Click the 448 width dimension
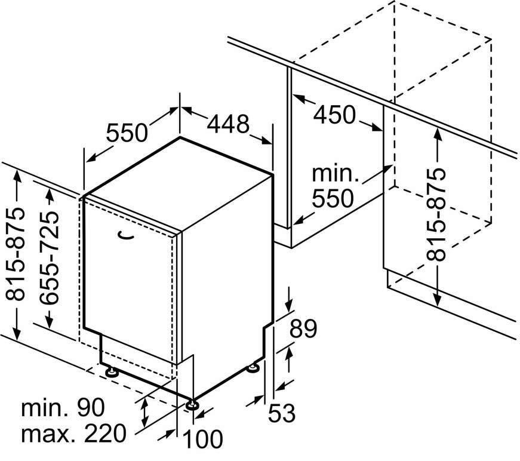click(228, 124)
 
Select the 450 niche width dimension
click(334, 115)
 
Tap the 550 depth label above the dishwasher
click(127, 133)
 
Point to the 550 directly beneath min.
click(333, 198)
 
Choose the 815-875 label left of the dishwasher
click(16, 254)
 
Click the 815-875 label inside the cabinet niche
click(435, 214)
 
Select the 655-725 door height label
click(49, 257)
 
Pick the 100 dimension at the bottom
click(202, 439)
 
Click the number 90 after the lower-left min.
click(91, 408)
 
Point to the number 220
click(105, 433)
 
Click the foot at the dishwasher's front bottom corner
click(192, 405)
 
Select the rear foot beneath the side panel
click(255, 367)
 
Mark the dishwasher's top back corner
click(180, 137)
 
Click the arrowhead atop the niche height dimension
click(438, 133)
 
